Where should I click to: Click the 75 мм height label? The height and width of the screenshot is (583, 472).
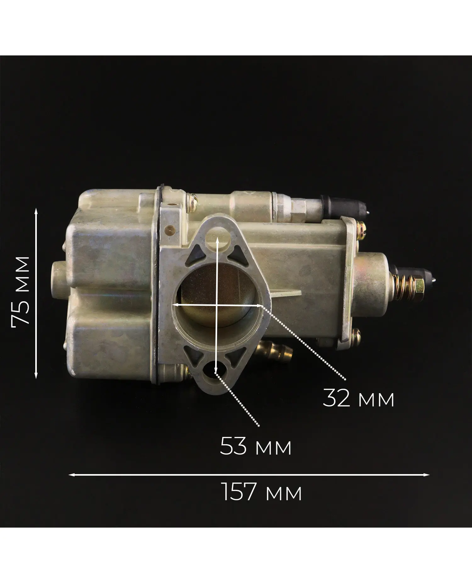tap(20, 291)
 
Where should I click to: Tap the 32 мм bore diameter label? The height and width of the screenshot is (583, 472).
tap(358, 398)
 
